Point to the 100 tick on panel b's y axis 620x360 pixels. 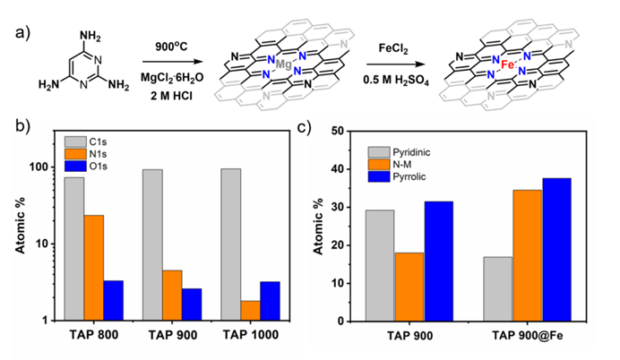(39, 167)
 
